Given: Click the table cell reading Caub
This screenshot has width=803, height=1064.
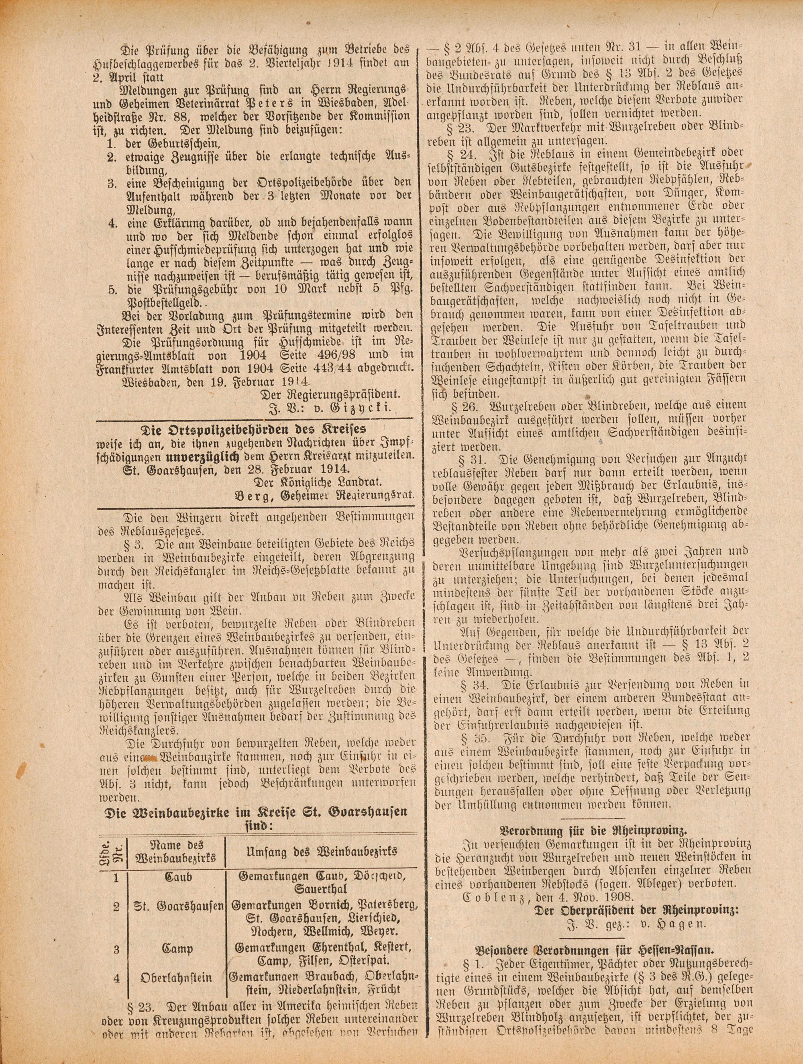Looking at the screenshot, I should click(178, 877).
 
